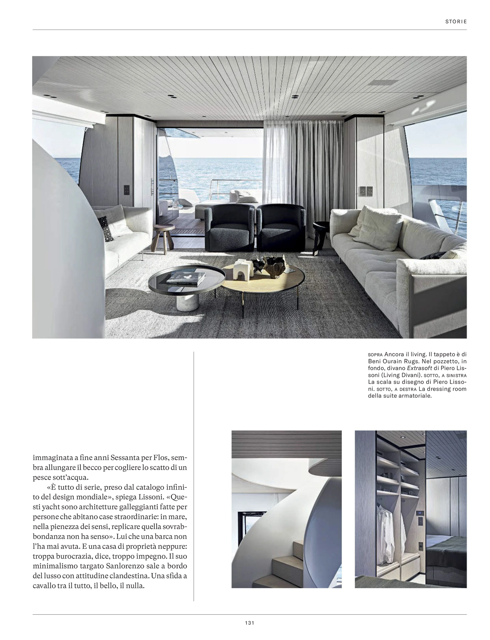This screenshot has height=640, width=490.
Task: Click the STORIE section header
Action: point(456,22)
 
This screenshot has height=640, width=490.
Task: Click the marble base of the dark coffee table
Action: point(187,303)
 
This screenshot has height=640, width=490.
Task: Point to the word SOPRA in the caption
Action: point(375,355)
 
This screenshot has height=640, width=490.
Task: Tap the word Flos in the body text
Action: point(168,458)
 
